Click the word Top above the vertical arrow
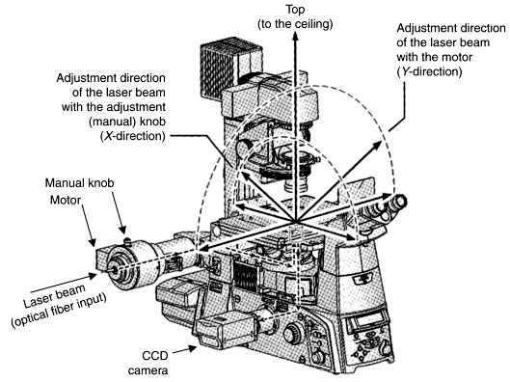(295, 10)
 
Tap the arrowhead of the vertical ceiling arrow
(295, 37)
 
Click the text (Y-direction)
(429, 71)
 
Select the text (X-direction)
(132, 136)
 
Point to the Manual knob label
(79, 183)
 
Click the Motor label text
(66, 200)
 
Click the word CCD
(155, 356)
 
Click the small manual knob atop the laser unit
(127, 241)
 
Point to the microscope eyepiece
(397, 203)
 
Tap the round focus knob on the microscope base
(293, 334)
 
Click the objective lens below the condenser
(294, 185)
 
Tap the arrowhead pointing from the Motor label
(93, 242)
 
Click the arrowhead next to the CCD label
(192, 348)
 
